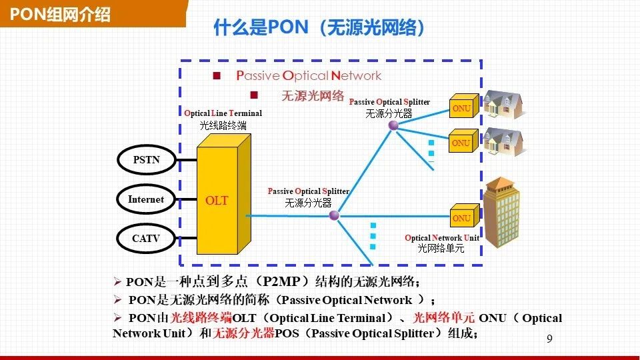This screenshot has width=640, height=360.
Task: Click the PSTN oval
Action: point(146,160)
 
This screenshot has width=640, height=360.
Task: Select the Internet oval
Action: point(146,199)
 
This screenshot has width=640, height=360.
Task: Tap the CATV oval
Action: point(146,238)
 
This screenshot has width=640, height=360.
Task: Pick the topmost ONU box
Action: point(461,109)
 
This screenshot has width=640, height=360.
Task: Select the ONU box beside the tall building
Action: point(461,218)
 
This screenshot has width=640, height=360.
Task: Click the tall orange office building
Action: point(501,211)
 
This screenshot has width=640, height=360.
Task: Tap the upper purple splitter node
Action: point(393,125)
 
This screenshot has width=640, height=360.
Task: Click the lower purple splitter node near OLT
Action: point(335,215)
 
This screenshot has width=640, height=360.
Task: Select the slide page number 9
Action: point(549,339)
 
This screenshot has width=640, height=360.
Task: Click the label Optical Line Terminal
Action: point(223,113)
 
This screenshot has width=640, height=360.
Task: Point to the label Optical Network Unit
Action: point(441,238)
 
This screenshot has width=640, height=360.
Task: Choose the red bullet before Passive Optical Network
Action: point(217,76)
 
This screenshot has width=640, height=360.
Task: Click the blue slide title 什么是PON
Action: point(319,28)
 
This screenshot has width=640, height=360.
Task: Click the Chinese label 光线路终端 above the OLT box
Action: point(223,125)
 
